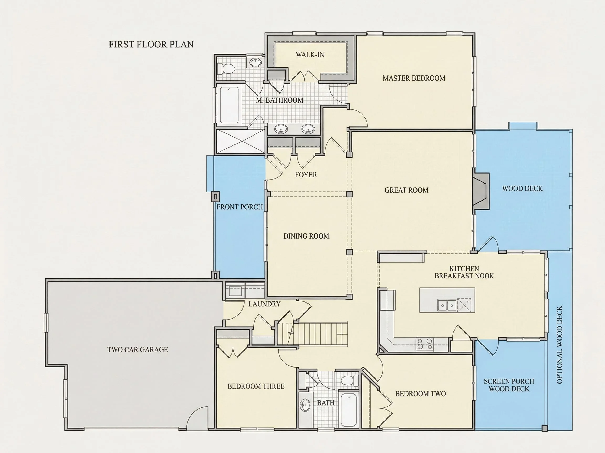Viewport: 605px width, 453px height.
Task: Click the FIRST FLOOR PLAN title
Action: (151, 45)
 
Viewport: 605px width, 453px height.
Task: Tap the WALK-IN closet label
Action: (310, 55)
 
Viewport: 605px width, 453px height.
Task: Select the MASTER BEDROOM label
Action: (414, 78)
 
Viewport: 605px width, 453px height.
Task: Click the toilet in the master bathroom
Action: (226, 68)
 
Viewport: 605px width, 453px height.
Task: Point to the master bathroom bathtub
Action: (229, 105)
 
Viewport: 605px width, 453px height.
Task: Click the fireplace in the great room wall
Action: (481, 191)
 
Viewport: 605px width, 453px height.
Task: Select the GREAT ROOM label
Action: (406, 190)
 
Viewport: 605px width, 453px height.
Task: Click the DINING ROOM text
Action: (306, 236)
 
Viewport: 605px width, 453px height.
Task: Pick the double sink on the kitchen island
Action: (447, 305)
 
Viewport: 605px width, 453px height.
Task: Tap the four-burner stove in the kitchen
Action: (425, 344)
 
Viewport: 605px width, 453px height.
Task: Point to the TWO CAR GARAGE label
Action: (138, 350)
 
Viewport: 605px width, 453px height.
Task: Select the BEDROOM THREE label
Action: (256, 386)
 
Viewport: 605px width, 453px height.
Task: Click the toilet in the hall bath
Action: (350, 380)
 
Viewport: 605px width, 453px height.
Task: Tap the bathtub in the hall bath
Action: (349, 409)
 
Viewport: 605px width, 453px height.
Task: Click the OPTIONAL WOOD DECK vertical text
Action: (560, 344)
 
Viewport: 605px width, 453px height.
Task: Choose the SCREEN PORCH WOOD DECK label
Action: (509, 385)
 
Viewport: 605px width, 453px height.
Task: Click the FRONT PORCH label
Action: (239, 207)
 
